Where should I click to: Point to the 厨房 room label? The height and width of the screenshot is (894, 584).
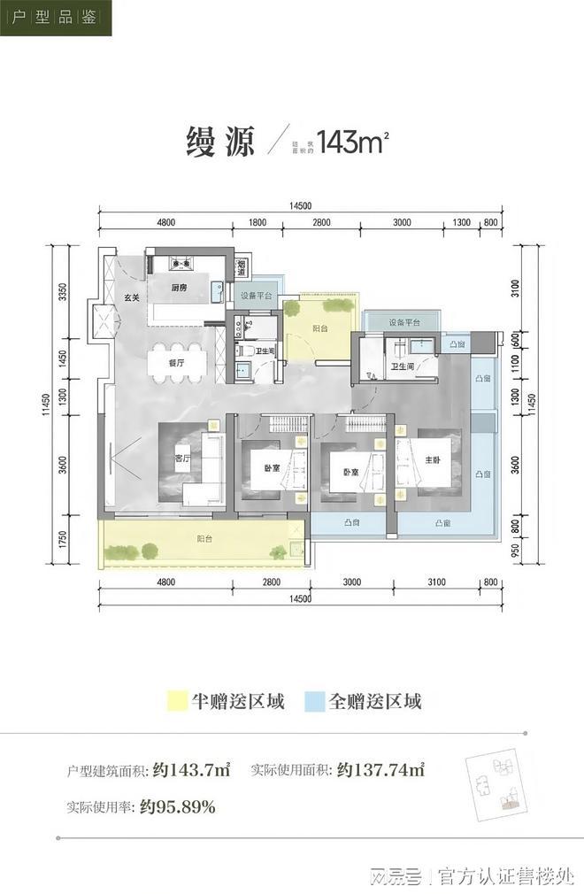tap(179, 288)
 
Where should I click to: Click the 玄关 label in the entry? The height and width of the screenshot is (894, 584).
tap(131, 297)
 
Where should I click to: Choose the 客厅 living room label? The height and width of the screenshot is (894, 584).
tap(182, 459)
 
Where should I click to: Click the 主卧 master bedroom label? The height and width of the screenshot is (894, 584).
tap(433, 459)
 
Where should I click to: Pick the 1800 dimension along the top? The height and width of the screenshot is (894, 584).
tap(257, 222)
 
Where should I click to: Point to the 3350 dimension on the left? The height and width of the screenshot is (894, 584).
tap(63, 293)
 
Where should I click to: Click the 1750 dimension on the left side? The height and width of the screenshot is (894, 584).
tap(63, 541)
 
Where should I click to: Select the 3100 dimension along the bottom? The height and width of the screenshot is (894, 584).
tap(435, 582)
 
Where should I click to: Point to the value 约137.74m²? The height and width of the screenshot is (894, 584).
tap(381, 770)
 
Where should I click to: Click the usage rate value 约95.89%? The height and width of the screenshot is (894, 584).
tap(178, 806)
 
